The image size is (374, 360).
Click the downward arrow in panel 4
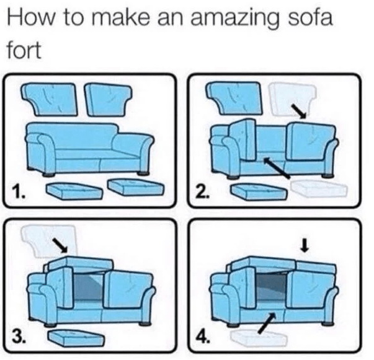304,246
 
